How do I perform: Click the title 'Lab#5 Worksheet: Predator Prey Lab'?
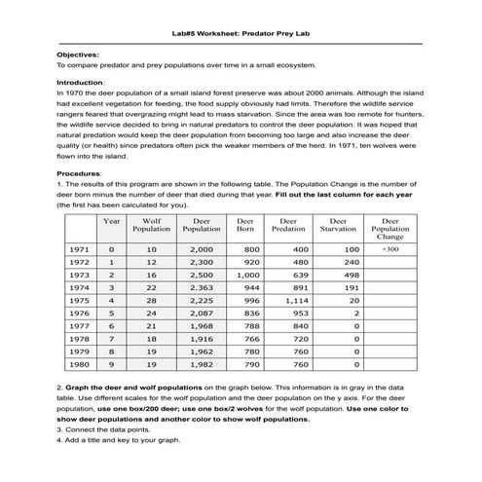click(241, 32)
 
